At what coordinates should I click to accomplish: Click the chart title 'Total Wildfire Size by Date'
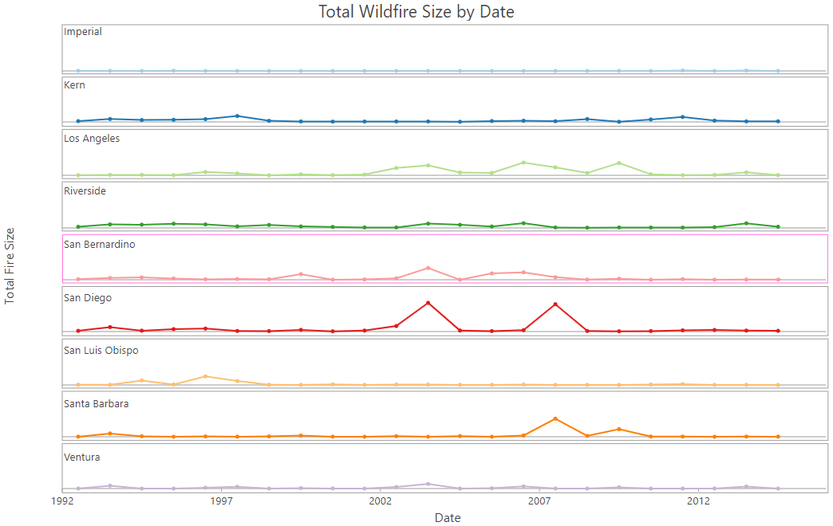coord(416,12)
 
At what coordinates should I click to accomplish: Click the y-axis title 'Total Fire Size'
coord(10,265)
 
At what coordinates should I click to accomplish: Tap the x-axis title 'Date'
coord(448,518)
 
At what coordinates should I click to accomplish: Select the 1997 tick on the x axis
coord(221,501)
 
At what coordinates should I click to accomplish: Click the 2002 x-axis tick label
coord(381,501)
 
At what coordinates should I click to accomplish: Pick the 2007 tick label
coord(540,501)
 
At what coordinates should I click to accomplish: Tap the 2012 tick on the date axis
coord(699,501)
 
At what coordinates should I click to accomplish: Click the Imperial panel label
coord(83,32)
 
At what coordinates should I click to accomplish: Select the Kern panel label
coord(74,85)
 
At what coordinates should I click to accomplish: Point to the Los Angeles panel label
coord(92,139)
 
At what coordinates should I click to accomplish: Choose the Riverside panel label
coord(85,191)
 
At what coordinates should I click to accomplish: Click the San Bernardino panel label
coord(100,245)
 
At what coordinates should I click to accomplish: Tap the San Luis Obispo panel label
coord(101,351)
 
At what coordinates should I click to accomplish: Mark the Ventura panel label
coord(81,457)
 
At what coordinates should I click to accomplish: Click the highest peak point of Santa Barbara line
coord(555,418)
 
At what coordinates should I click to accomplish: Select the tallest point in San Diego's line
coord(428,303)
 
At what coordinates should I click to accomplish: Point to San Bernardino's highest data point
coord(428,268)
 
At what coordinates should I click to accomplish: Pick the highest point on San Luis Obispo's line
coord(206,376)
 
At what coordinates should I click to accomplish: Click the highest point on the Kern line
coord(237,116)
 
